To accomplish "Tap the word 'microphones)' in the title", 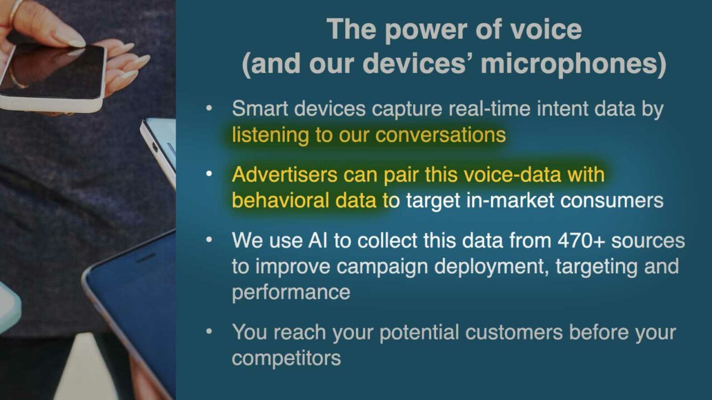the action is click(573, 63).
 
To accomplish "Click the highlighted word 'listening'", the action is click(270, 135).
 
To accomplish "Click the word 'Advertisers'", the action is click(284, 174).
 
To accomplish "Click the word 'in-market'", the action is click(510, 201).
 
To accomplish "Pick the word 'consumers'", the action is click(611, 201).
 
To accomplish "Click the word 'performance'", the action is click(291, 293).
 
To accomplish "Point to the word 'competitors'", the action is click(286, 358).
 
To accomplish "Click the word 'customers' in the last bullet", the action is click(514, 332).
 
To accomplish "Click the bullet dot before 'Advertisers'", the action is click(209, 174).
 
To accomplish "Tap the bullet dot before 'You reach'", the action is click(209, 332).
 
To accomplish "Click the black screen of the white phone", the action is click(54, 72).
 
